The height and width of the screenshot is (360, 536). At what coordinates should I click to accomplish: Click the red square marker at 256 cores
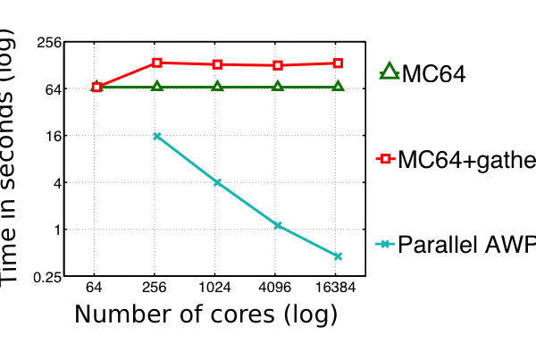pyautogui.click(x=157, y=63)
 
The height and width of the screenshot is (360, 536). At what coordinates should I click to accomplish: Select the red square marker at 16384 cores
pyautogui.click(x=339, y=63)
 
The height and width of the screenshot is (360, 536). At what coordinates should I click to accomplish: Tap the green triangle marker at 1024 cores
pyautogui.click(x=217, y=87)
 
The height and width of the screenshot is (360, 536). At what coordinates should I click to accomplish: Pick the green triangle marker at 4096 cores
pyautogui.click(x=278, y=87)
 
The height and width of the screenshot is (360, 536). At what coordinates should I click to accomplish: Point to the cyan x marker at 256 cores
pyautogui.click(x=157, y=136)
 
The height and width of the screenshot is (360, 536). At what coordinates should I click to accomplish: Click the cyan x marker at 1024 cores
pyautogui.click(x=217, y=182)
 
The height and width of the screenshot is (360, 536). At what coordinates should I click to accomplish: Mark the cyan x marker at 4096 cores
pyautogui.click(x=278, y=225)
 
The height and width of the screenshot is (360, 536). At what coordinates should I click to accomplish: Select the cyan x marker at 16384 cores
pyautogui.click(x=339, y=256)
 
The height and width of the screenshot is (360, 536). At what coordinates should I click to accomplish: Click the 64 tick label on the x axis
pyautogui.click(x=96, y=289)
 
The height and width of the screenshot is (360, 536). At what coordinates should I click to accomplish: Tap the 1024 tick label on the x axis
pyautogui.click(x=217, y=289)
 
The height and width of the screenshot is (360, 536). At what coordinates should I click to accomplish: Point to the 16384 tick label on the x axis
pyautogui.click(x=339, y=289)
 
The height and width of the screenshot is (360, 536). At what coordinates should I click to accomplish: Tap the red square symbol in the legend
pyautogui.click(x=388, y=158)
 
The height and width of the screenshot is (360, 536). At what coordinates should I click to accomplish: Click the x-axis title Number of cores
pyautogui.click(x=205, y=314)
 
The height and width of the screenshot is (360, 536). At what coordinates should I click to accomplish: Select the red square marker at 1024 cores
pyautogui.click(x=217, y=64)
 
